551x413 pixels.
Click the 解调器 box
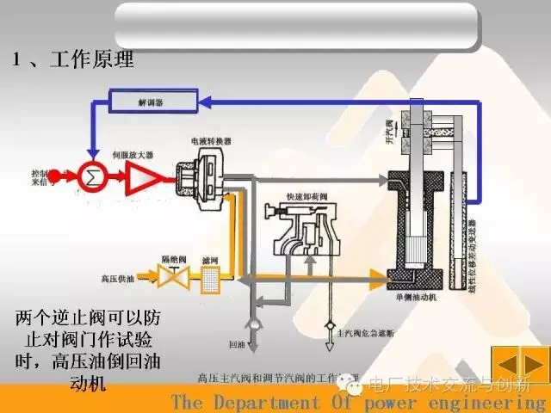(151, 102)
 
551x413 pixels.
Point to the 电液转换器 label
(210, 139)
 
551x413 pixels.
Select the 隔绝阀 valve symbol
(169, 276)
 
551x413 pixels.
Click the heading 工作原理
(92, 61)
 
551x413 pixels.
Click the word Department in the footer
(275, 403)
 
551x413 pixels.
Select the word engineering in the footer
(498, 403)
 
